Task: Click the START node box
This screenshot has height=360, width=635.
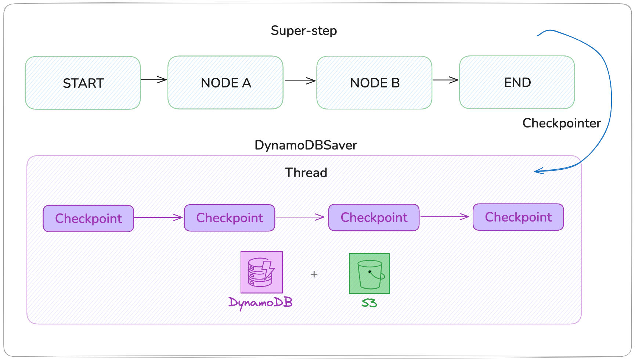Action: coord(83,83)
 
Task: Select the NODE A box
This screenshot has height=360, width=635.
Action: coord(226,83)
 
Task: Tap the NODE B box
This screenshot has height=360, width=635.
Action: coord(374,83)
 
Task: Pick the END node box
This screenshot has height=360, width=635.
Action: coord(517,82)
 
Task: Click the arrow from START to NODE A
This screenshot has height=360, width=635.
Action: coord(154,80)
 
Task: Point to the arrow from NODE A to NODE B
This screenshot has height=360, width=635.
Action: coord(300,81)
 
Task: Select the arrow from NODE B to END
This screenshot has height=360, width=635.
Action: coord(445,80)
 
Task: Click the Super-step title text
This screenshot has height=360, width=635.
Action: coord(304,30)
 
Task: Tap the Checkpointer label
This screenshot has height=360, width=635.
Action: coord(562,123)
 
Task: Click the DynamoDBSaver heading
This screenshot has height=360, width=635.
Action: coord(306,145)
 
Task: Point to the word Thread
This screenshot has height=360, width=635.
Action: coord(306,173)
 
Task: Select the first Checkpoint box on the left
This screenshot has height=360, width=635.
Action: coord(89,219)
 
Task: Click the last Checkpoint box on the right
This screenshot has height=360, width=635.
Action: coord(518,217)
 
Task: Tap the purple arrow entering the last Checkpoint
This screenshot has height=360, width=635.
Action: coord(445,217)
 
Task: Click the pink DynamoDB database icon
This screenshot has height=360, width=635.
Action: coord(261,272)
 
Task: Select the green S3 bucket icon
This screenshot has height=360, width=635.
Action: coord(369,274)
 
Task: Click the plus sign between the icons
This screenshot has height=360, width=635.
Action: coord(314,274)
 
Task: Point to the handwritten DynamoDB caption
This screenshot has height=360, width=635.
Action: coord(260,303)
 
